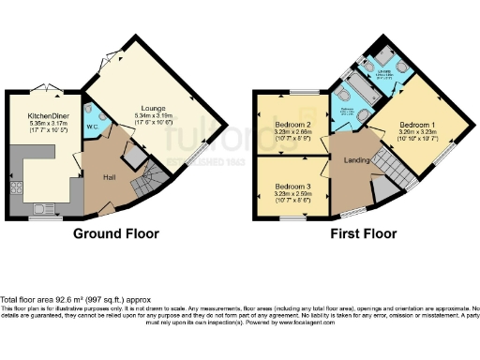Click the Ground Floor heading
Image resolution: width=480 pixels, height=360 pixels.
[115, 233]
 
